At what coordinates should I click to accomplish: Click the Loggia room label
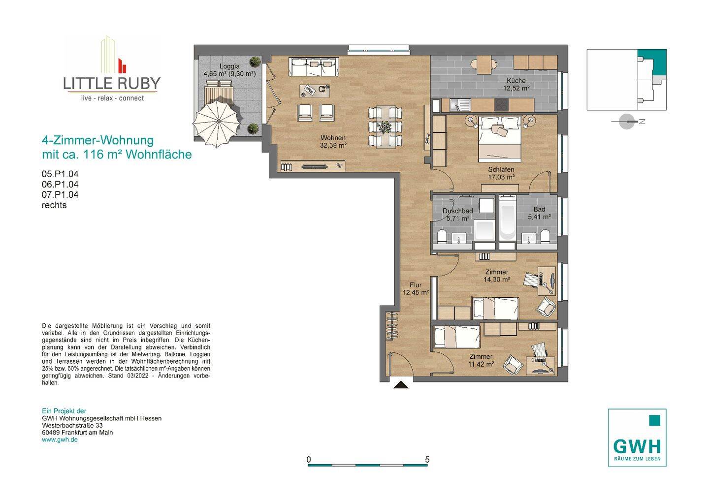pyautogui.click(x=229, y=66)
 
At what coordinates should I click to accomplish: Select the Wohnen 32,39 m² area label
pyautogui.click(x=333, y=141)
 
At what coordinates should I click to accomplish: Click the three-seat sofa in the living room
pyautogui.click(x=314, y=67)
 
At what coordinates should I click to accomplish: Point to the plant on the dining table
pyautogui.click(x=385, y=127)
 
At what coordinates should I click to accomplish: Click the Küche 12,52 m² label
pyautogui.click(x=516, y=85)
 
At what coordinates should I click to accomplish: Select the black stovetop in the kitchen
pyautogui.click(x=502, y=105)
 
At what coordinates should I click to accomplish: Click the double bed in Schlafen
pyautogui.click(x=500, y=139)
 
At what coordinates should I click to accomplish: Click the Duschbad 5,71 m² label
pyautogui.click(x=458, y=215)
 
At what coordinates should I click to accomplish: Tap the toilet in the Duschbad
pyautogui.click(x=442, y=236)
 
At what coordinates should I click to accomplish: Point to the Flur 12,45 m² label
pyautogui.click(x=416, y=289)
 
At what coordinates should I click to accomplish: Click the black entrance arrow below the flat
pyautogui.click(x=401, y=384)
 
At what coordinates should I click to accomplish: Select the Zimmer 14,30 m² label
pyautogui.click(x=497, y=276)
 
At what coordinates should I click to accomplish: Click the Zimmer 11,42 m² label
pyautogui.click(x=481, y=360)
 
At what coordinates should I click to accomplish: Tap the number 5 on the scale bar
pyautogui.click(x=427, y=459)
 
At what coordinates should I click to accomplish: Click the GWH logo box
pyautogui.click(x=637, y=438)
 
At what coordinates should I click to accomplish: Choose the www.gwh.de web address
pyautogui.click(x=60, y=439)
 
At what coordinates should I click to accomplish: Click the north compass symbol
pyautogui.click(x=627, y=122)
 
